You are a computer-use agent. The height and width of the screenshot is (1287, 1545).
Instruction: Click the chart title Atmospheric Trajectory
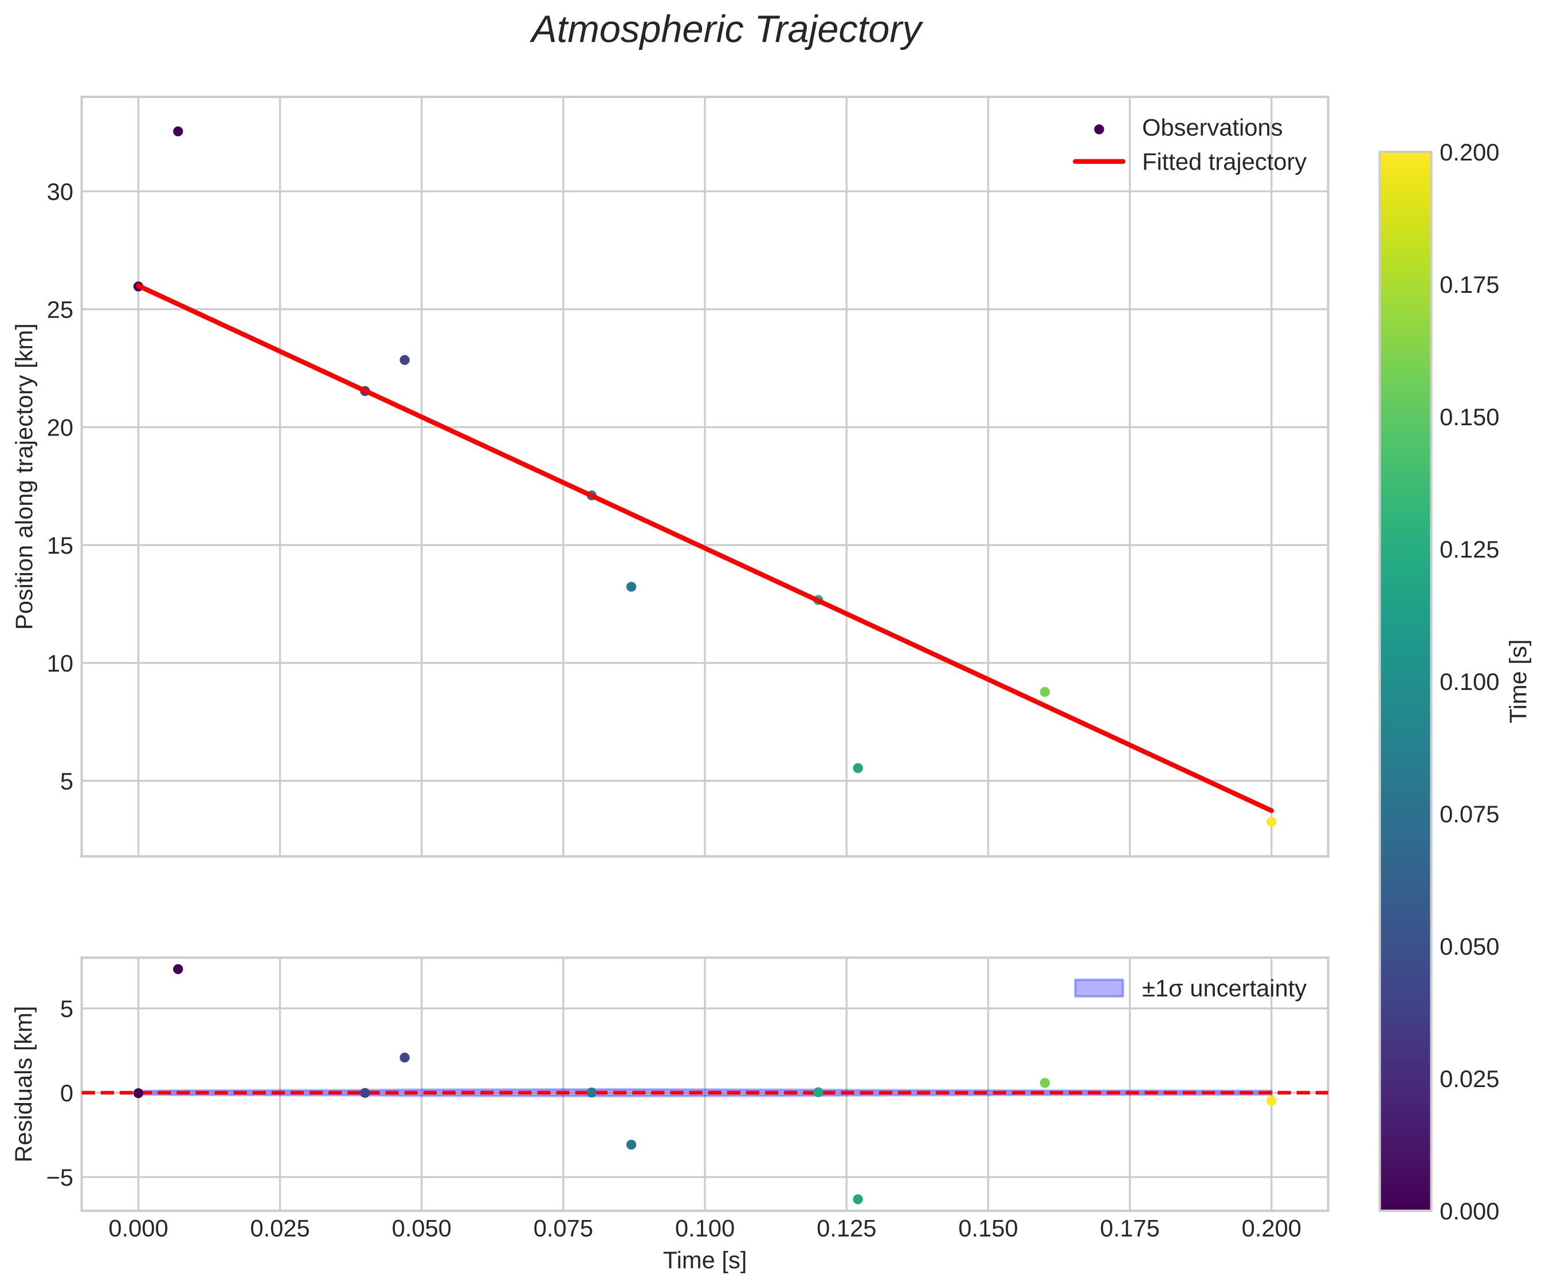tap(726, 31)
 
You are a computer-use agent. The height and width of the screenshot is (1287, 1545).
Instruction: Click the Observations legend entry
tap(1211, 128)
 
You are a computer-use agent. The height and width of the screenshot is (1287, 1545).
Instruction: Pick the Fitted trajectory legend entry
tap(1224, 162)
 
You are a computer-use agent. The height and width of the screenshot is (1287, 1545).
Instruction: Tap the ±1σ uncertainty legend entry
tap(1224, 988)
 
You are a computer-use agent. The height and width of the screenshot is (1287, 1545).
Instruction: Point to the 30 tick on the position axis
tap(60, 192)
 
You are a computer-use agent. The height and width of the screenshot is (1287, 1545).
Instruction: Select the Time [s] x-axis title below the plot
tap(705, 1261)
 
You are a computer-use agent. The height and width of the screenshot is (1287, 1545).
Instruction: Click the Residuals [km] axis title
tap(24, 1084)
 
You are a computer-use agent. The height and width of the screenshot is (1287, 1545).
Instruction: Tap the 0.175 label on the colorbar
tap(1468, 285)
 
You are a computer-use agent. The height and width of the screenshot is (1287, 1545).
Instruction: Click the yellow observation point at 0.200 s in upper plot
tap(1270, 822)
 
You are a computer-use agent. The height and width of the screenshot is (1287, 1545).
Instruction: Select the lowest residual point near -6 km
tap(858, 1199)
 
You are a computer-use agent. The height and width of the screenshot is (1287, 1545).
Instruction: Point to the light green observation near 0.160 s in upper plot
tap(1045, 692)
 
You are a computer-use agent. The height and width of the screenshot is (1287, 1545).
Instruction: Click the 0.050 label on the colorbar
tap(1468, 946)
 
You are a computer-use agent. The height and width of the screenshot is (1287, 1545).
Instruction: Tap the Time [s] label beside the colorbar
tap(1520, 681)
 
